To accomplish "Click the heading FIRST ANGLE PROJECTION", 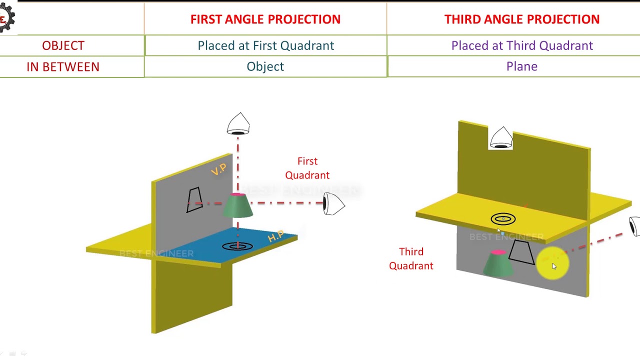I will (265, 19).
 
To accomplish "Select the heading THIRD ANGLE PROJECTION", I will (521, 19).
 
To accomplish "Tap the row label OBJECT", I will (63, 45).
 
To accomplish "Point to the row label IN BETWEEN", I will (63, 66).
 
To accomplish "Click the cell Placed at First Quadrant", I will (265, 45).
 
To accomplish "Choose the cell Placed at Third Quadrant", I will (521, 45).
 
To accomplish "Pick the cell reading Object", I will (265, 66).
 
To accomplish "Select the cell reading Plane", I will (521, 66).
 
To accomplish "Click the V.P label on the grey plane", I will (218, 170).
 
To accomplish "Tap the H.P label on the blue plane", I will (275, 237).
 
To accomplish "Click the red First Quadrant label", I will (307, 168).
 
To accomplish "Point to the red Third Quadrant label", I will (411, 258).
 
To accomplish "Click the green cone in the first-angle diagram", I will (237, 205).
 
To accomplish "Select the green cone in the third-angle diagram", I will (498, 263).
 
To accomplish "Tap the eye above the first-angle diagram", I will (238, 124).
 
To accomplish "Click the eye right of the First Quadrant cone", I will (333, 203).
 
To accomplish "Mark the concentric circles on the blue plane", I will (237, 246).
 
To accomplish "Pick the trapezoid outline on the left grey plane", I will (194, 200).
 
